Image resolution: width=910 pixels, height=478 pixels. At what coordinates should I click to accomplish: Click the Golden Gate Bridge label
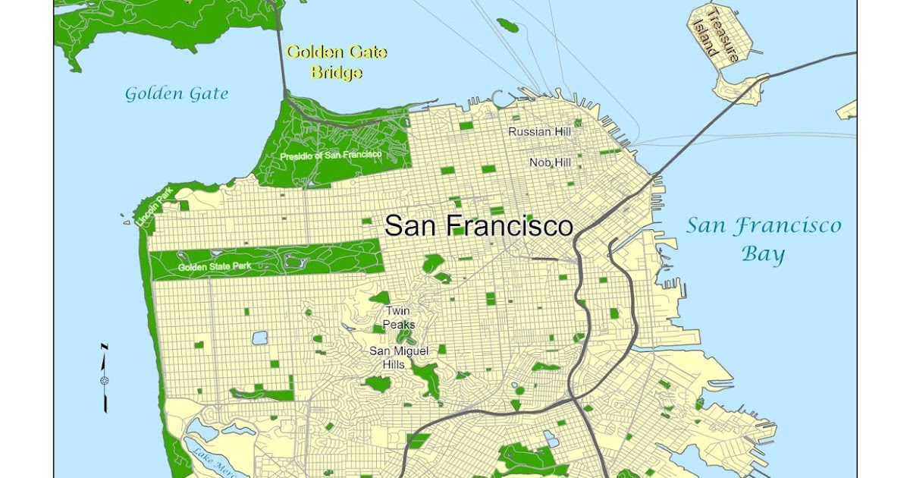pyautogui.click(x=337, y=62)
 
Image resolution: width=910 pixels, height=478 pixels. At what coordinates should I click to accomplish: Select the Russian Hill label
pyautogui.click(x=539, y=132)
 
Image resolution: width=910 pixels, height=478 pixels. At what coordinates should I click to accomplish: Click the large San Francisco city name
pyautogui.click(x=479, y=225)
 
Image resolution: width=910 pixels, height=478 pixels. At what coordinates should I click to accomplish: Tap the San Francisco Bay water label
pyautogui.click(x=764, y=238)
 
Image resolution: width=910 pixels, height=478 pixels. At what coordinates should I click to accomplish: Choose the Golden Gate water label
pyautogui.click(x=176, y=94)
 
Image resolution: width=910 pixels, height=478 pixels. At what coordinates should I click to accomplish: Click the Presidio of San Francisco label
pyautogui.click(x=331, y=156)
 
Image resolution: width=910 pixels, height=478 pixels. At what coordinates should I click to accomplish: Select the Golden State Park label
pyautogui.click(x=215, y=266)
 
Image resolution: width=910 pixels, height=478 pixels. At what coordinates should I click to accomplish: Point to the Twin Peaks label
pyautogui.click(x=400, y=318)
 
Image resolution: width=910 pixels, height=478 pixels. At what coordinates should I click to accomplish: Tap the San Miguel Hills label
pyautogui.click(x=399, y=357)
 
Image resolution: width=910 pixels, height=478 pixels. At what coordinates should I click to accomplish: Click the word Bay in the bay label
pyautogui.click(x=763, y=253)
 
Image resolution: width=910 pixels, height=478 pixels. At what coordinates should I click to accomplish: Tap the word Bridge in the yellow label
pyautogui.click(x=337, y=73)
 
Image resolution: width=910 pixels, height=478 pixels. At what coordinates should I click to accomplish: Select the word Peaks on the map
pyautogui.click(x=400, y=325)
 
